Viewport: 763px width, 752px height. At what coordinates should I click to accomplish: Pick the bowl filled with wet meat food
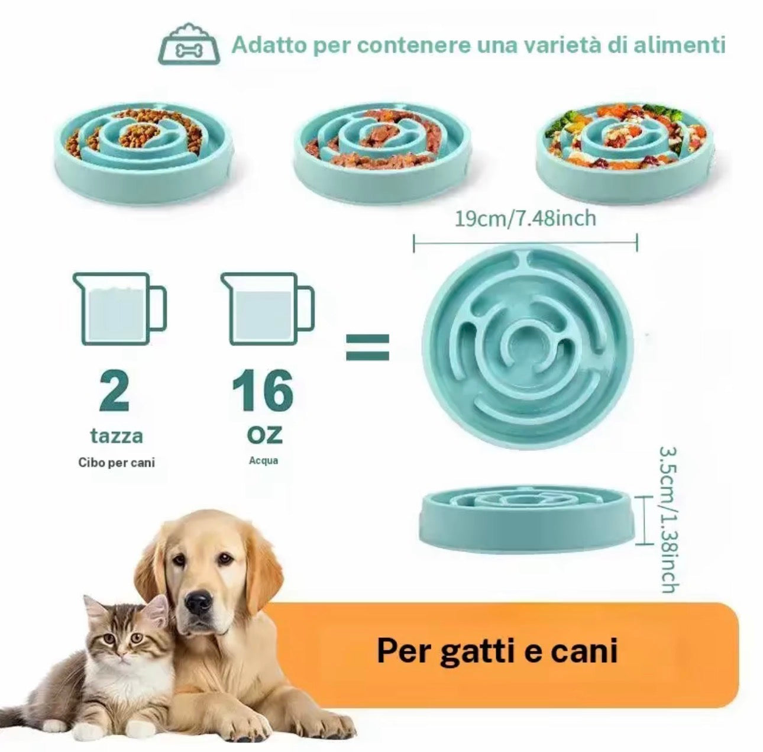click(x=380, y=144)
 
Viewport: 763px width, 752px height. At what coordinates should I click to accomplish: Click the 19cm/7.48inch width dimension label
click(x=525, y=220)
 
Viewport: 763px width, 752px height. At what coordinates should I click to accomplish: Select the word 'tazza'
click(x=117, y=437)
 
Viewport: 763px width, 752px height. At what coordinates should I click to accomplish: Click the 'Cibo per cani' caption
click(x=117, y=463)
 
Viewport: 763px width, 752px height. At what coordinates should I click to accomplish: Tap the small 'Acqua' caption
click(x=263, y=460)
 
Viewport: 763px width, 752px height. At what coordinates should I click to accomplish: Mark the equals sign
click(x=367, y=347)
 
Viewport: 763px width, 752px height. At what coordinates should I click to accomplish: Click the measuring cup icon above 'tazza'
click(x=119, y=308)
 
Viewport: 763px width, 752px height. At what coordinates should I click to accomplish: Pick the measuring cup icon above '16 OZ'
click(x=267, y=308)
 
